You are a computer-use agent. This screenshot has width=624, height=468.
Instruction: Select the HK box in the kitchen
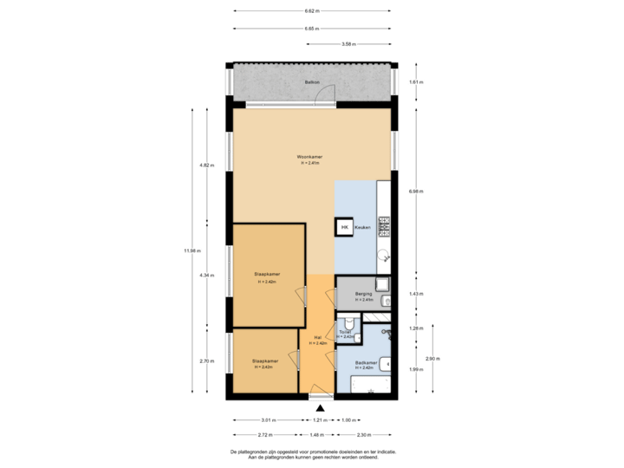pyautogui.click(x=344, y=227)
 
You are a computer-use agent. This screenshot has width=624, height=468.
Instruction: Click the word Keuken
pyautogui.click(x=363, y=227)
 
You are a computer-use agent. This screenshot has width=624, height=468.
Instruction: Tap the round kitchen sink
pyautogui.click(x=383, y=255)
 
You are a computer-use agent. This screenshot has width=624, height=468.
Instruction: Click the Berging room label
pyautogui.click(x=363, y=296)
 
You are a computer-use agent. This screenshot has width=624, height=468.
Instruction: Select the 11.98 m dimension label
pyautogui.click(x=192, y=251)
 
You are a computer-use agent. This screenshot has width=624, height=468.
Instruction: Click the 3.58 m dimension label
pyautogui.click(x=349, y=43)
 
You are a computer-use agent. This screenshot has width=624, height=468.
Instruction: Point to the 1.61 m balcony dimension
pyautogui.click(x=415, y=82)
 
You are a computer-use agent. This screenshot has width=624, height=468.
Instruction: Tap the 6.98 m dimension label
pyautogui.click(x=415, y=192)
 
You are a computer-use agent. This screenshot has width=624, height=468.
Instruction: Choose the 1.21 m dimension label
pyautogui.click(x=319, y=420)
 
